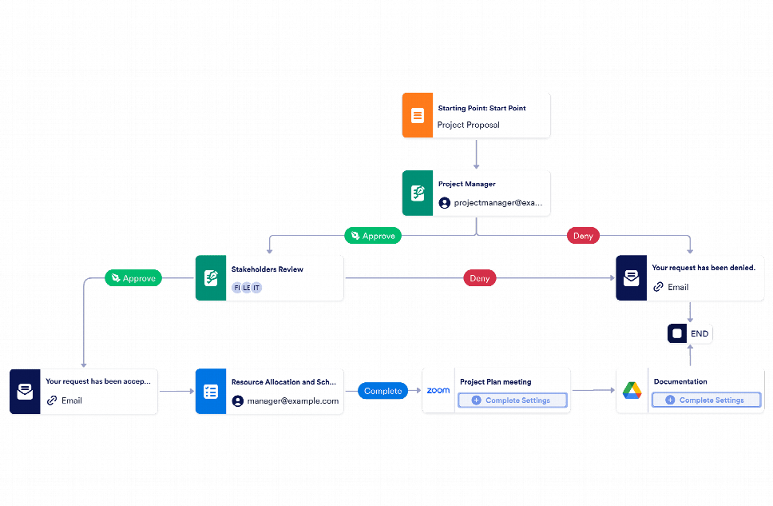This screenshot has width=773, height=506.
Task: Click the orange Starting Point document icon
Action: (x=417, y=116)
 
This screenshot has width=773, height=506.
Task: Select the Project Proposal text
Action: (x=468, y=125)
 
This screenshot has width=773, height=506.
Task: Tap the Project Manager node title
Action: (x=466, y=184)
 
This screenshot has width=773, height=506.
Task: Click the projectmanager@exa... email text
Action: (x=497, y=203)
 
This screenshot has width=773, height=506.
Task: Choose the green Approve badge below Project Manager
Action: (x=372, y=236)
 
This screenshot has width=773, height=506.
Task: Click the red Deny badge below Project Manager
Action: (x=583, y=236)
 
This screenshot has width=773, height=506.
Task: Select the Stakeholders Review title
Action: (x=267, y=269)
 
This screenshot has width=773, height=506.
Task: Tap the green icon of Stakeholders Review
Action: (x=211, y=278)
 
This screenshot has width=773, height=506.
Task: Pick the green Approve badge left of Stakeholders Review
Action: (x=133, y=278)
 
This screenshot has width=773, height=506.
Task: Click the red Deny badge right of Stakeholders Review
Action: (x=480, y=278)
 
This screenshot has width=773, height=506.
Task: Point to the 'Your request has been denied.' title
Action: (x=703, y=269)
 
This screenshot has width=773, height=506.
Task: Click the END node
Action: (x=690, y=333)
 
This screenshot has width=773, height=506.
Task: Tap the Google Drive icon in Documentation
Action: (x=632, y=391)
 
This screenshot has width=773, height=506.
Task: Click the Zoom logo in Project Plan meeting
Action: (x=438, y=391)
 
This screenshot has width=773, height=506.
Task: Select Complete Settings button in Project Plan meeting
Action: (x=512, y=400)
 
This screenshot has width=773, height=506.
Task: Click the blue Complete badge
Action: (x=383, y=391)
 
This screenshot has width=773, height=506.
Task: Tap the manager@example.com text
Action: (x=292, y=400)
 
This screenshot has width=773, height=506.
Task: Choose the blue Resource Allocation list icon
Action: (x=211, y=392)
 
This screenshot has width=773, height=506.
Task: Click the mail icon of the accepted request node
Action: (x=26, y=392)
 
